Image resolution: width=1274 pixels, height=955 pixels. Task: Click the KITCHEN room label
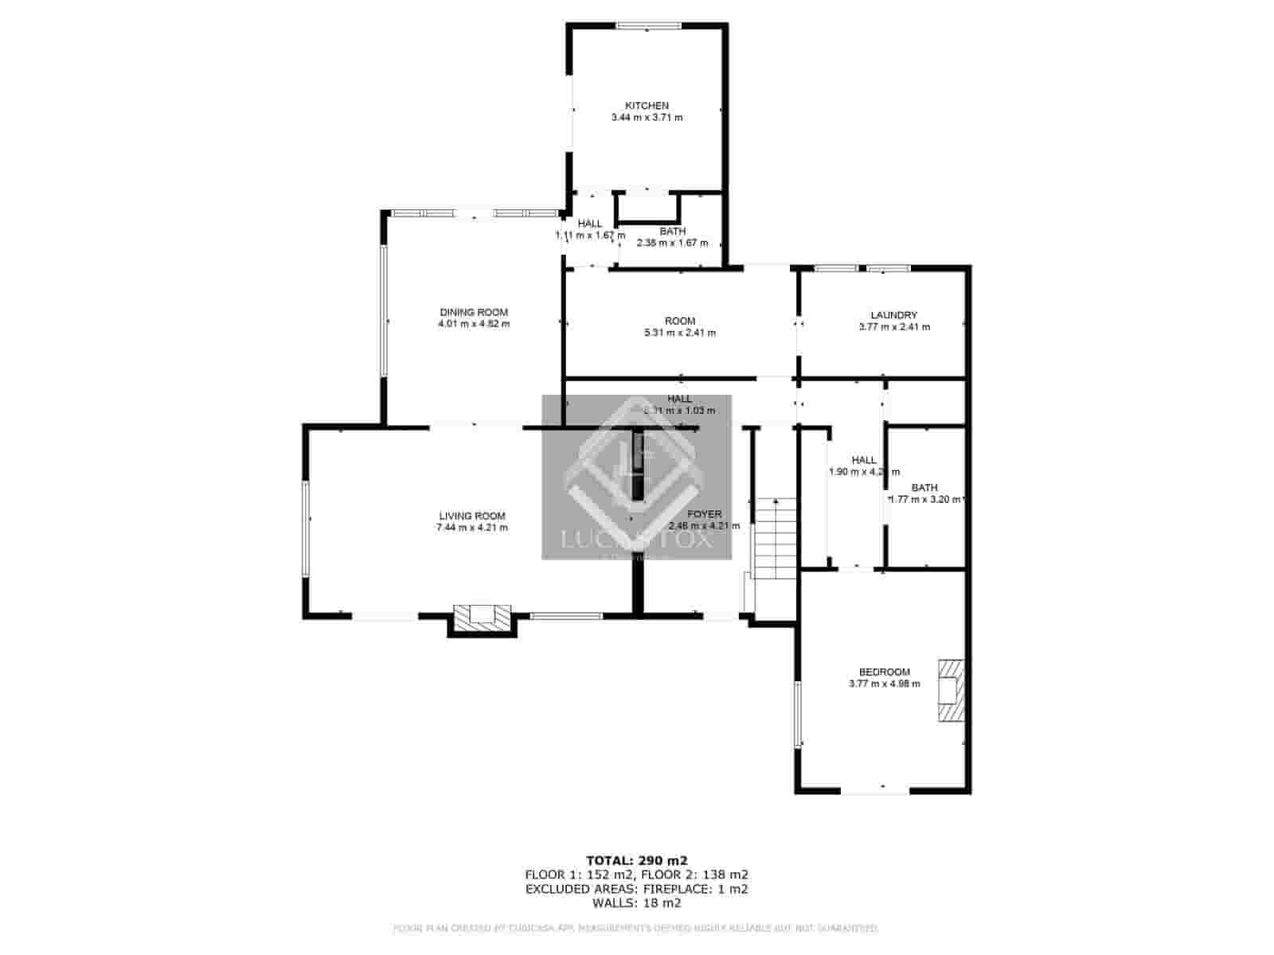pyautogui.click(x=646, y=106)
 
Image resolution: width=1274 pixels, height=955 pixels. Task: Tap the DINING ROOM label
pyautogui.click(x=474, y=312)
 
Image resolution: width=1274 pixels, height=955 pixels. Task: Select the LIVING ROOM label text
pyautogui.click(x=472, y=516)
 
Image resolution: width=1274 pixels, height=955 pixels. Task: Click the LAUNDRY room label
pyautogui.click(x=893, y=315)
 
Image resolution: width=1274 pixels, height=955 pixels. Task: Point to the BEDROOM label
pyautogui.click(x=884, y=672)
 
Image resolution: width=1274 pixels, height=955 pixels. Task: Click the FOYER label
pyautogui.click(x=704, y=514)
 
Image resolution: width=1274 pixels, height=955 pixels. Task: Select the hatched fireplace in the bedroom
pyautogui.click(x=950, y=690)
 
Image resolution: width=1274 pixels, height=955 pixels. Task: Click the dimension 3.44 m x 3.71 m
pyautogui.click(x=646, y=118)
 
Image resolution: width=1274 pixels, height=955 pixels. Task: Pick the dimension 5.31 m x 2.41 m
pyautogui.click(x=679, y=333)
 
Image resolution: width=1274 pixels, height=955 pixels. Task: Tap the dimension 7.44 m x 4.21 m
pyautogui.click(x=472, y=528)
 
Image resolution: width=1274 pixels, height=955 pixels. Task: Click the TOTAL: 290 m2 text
pyautogui.click(x=636, y=860)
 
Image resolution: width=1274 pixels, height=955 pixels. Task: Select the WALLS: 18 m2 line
pyautogui.click(x=636, y=903)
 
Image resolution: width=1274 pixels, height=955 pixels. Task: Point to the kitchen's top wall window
pyautogui.click(x=647, y=26)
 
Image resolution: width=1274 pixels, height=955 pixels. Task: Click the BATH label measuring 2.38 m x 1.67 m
pyautogui.click(x=672, y=232)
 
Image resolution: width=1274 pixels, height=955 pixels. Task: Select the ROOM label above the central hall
pyautogui.click(x=679, y=321)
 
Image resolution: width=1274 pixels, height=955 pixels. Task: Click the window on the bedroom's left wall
pyautogui.click(x=797, y=713)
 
